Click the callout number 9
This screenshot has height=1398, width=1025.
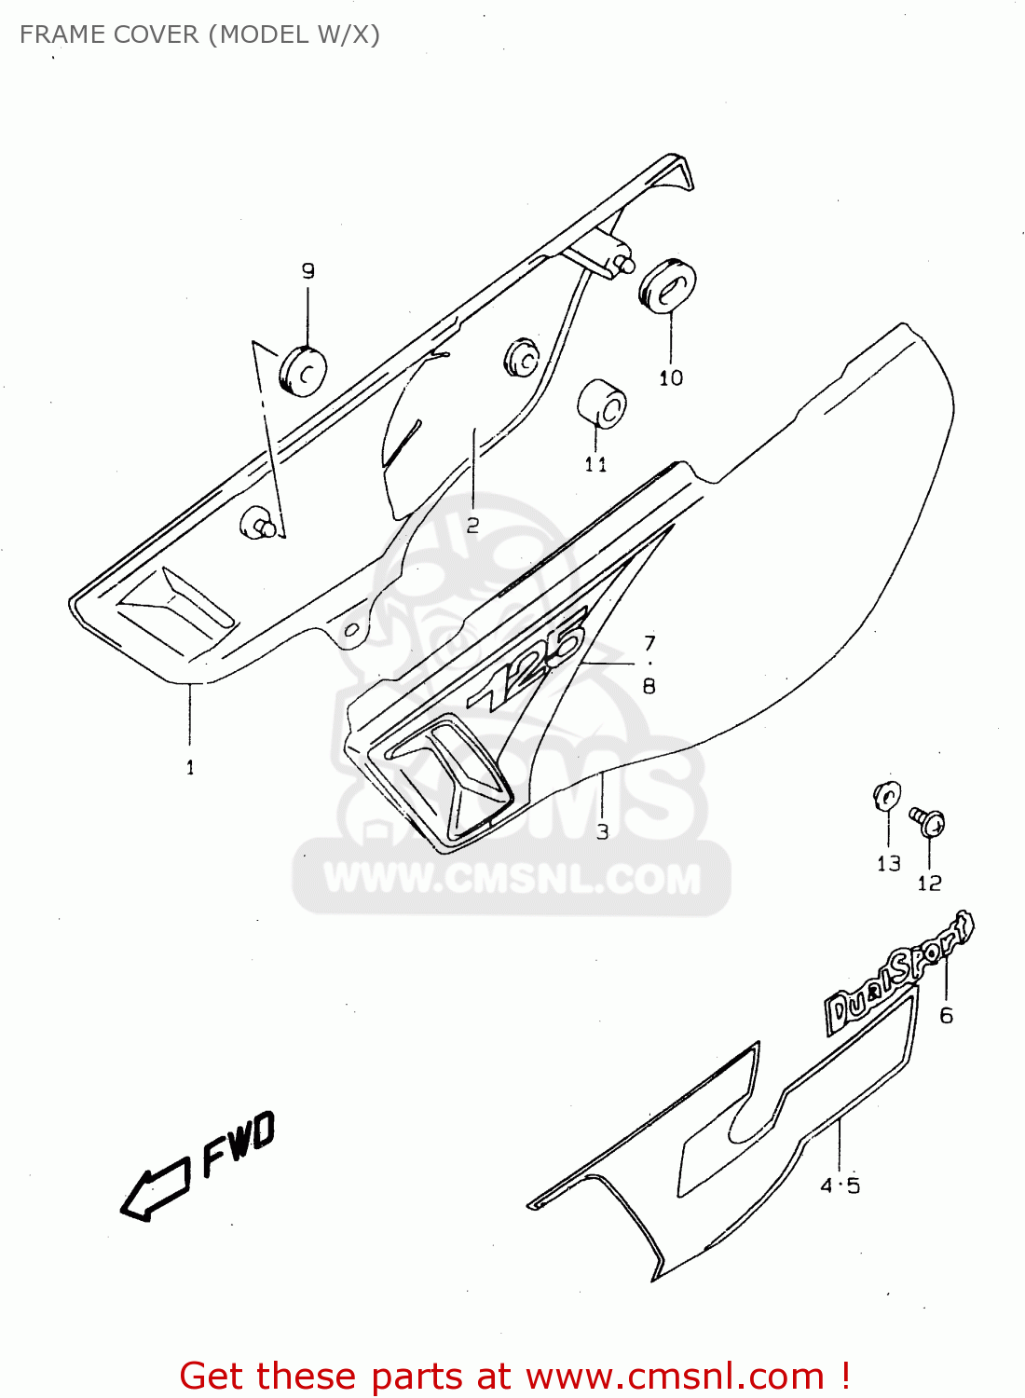(x=307, y=271)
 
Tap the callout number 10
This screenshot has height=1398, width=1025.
(x=671, y=377)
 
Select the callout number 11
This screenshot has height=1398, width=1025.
(x=596, y=464)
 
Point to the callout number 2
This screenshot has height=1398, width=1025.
(x=472, y=526)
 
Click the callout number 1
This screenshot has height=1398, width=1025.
(x=190, y=768)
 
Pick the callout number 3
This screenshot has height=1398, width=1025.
(x=603, y=831)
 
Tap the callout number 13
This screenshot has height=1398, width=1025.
(x=888, y=864)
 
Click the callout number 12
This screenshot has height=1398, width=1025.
(x=929, y=884)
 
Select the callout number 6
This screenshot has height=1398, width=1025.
(x=946, y=1016)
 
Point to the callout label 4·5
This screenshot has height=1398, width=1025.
(x=840, y=1186)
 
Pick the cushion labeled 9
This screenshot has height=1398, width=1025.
(x=302, y=370)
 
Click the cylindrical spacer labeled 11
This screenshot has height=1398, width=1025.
(x=602, y=403)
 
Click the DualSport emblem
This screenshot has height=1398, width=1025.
(x=899, y=974)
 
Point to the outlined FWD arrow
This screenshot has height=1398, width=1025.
(x=154, y=1192)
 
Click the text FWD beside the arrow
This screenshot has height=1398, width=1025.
(x=239, y=1144)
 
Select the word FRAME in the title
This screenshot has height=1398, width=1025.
(x=61, y=34)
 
